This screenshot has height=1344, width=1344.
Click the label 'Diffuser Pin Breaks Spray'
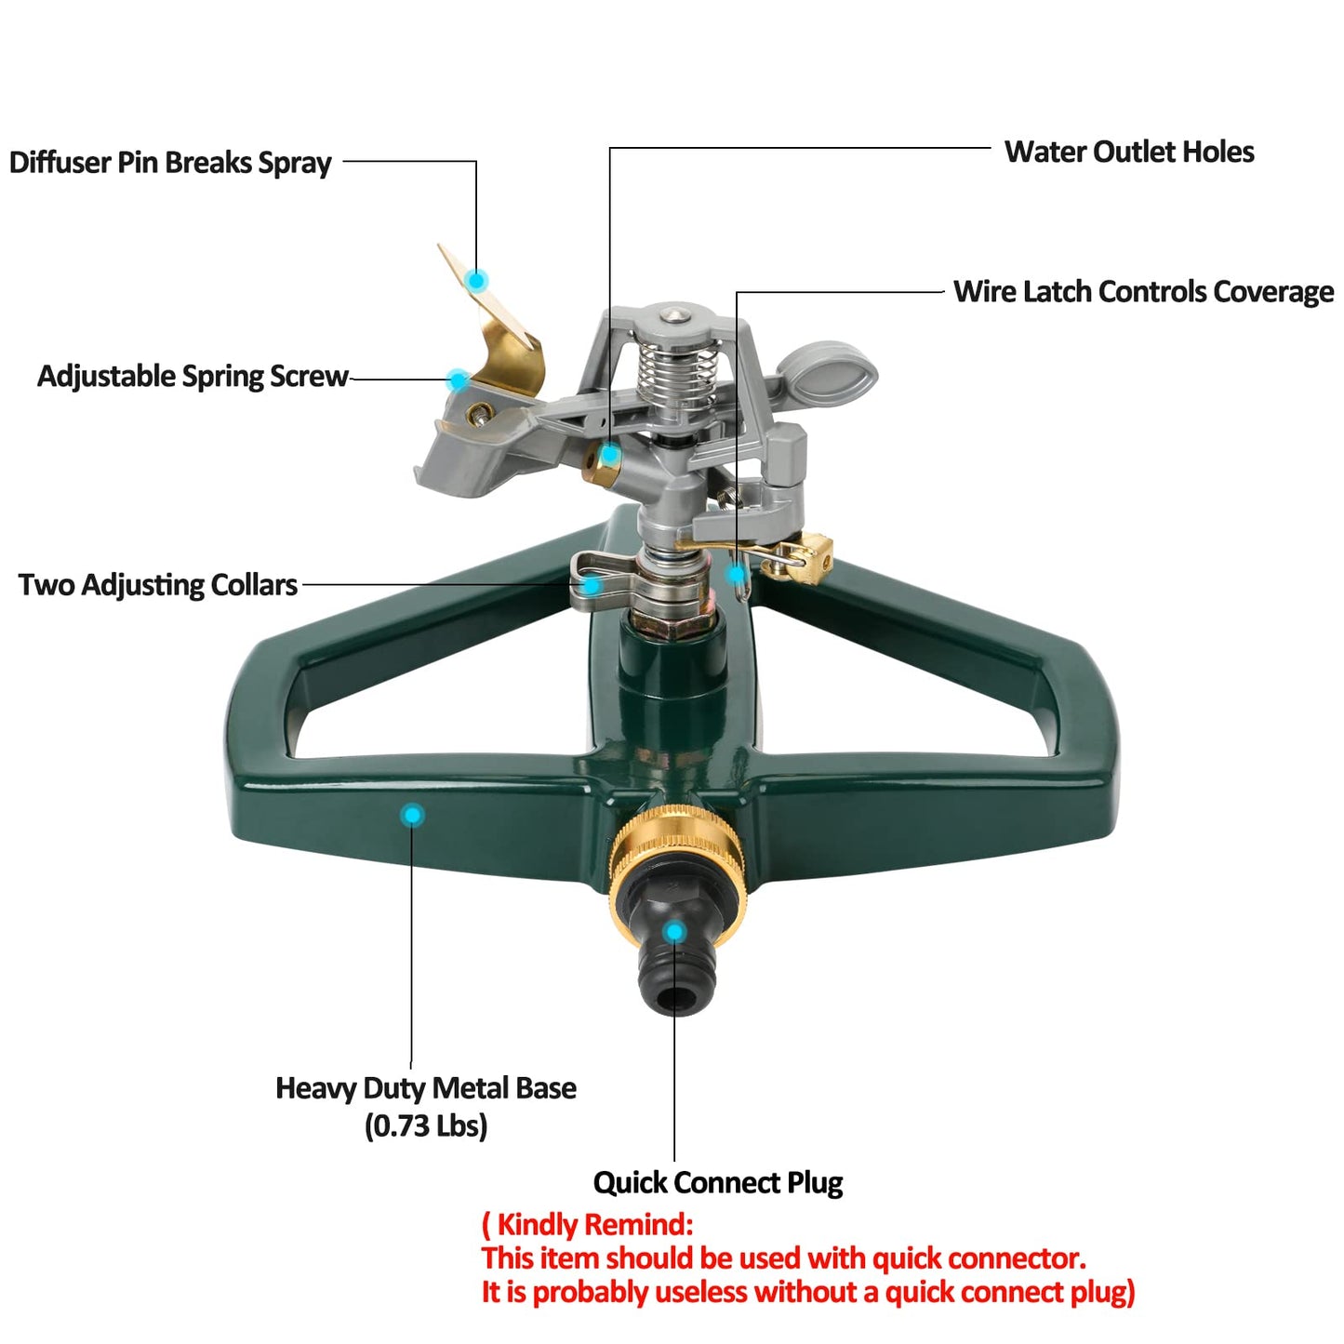[x=170, y=163]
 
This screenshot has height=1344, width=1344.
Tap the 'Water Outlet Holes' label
[x=1128, y=152]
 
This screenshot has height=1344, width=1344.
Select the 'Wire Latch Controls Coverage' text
[x=1142, y=291]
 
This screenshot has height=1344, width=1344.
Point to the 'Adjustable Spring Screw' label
[x=193, y=376]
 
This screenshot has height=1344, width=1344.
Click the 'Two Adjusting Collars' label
[x=158, y=584]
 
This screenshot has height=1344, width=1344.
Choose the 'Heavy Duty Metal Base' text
[x=425, y=1087]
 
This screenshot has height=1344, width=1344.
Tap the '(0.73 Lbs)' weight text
[x=425, y=1125]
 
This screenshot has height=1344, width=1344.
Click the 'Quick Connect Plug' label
[x=717, y=1182]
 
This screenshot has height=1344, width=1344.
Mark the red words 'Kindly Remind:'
[x=593, y=1224]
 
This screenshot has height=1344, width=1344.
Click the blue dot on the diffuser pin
[x=477, y=280]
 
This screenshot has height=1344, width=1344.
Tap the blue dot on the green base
[x=411, y=816]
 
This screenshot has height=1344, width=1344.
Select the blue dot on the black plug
[x=674, y=932]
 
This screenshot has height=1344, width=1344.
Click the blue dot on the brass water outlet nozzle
[x=607, y=456]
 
